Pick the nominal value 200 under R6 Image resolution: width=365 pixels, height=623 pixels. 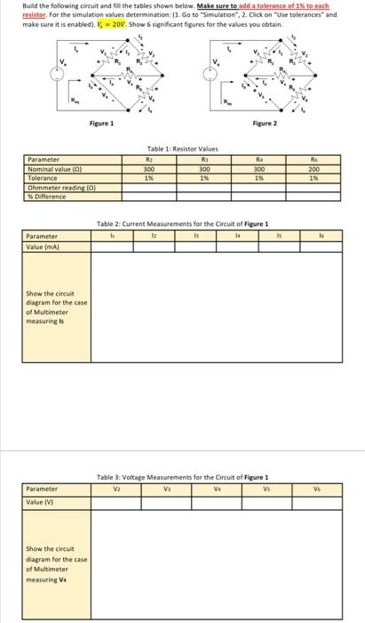313,168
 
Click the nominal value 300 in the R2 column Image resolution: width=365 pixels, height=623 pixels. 149,168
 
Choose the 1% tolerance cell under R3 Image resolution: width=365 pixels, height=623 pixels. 203,175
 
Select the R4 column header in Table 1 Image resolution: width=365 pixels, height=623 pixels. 259,160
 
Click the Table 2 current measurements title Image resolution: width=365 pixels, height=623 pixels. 182,223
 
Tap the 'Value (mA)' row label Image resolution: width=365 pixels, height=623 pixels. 45,246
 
